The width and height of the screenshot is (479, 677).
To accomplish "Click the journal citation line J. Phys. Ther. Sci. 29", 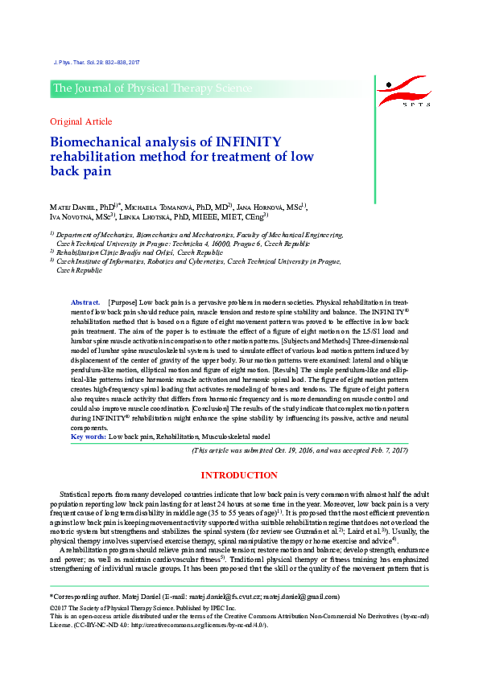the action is [96, 62].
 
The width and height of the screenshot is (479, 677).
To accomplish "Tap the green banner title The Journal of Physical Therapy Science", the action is [152, 88].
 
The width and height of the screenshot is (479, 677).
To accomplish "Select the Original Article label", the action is [81, 121].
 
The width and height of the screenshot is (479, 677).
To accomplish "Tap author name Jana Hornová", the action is [265, 207].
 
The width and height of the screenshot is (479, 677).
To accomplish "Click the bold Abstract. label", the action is [86, 300].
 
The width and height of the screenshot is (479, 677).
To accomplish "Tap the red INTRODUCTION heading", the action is [239, 475].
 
